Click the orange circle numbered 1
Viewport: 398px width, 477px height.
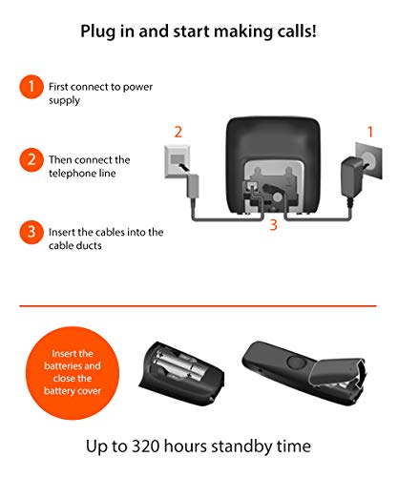pos(31,87)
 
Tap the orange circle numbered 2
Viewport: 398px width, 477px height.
pos(31,159)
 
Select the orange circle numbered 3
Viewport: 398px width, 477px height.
pos(31,232)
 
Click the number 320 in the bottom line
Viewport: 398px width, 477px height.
pos(146,446)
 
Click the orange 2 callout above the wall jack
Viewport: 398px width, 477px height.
pos(178,132)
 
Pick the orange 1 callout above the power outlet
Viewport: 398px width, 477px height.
pos(370,132)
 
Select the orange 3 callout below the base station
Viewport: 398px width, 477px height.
pos(273,225)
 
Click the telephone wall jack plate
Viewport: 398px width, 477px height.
pos(178,162)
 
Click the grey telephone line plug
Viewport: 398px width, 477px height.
pos(192,186)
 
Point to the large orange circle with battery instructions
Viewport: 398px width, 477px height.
pos(73,373)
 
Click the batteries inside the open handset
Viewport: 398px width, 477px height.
pos(178,364)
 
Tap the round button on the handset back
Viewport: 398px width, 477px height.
pos(296,362)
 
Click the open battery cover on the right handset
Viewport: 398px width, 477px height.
pos(338,373)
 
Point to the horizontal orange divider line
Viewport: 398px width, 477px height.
pos(198,306)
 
